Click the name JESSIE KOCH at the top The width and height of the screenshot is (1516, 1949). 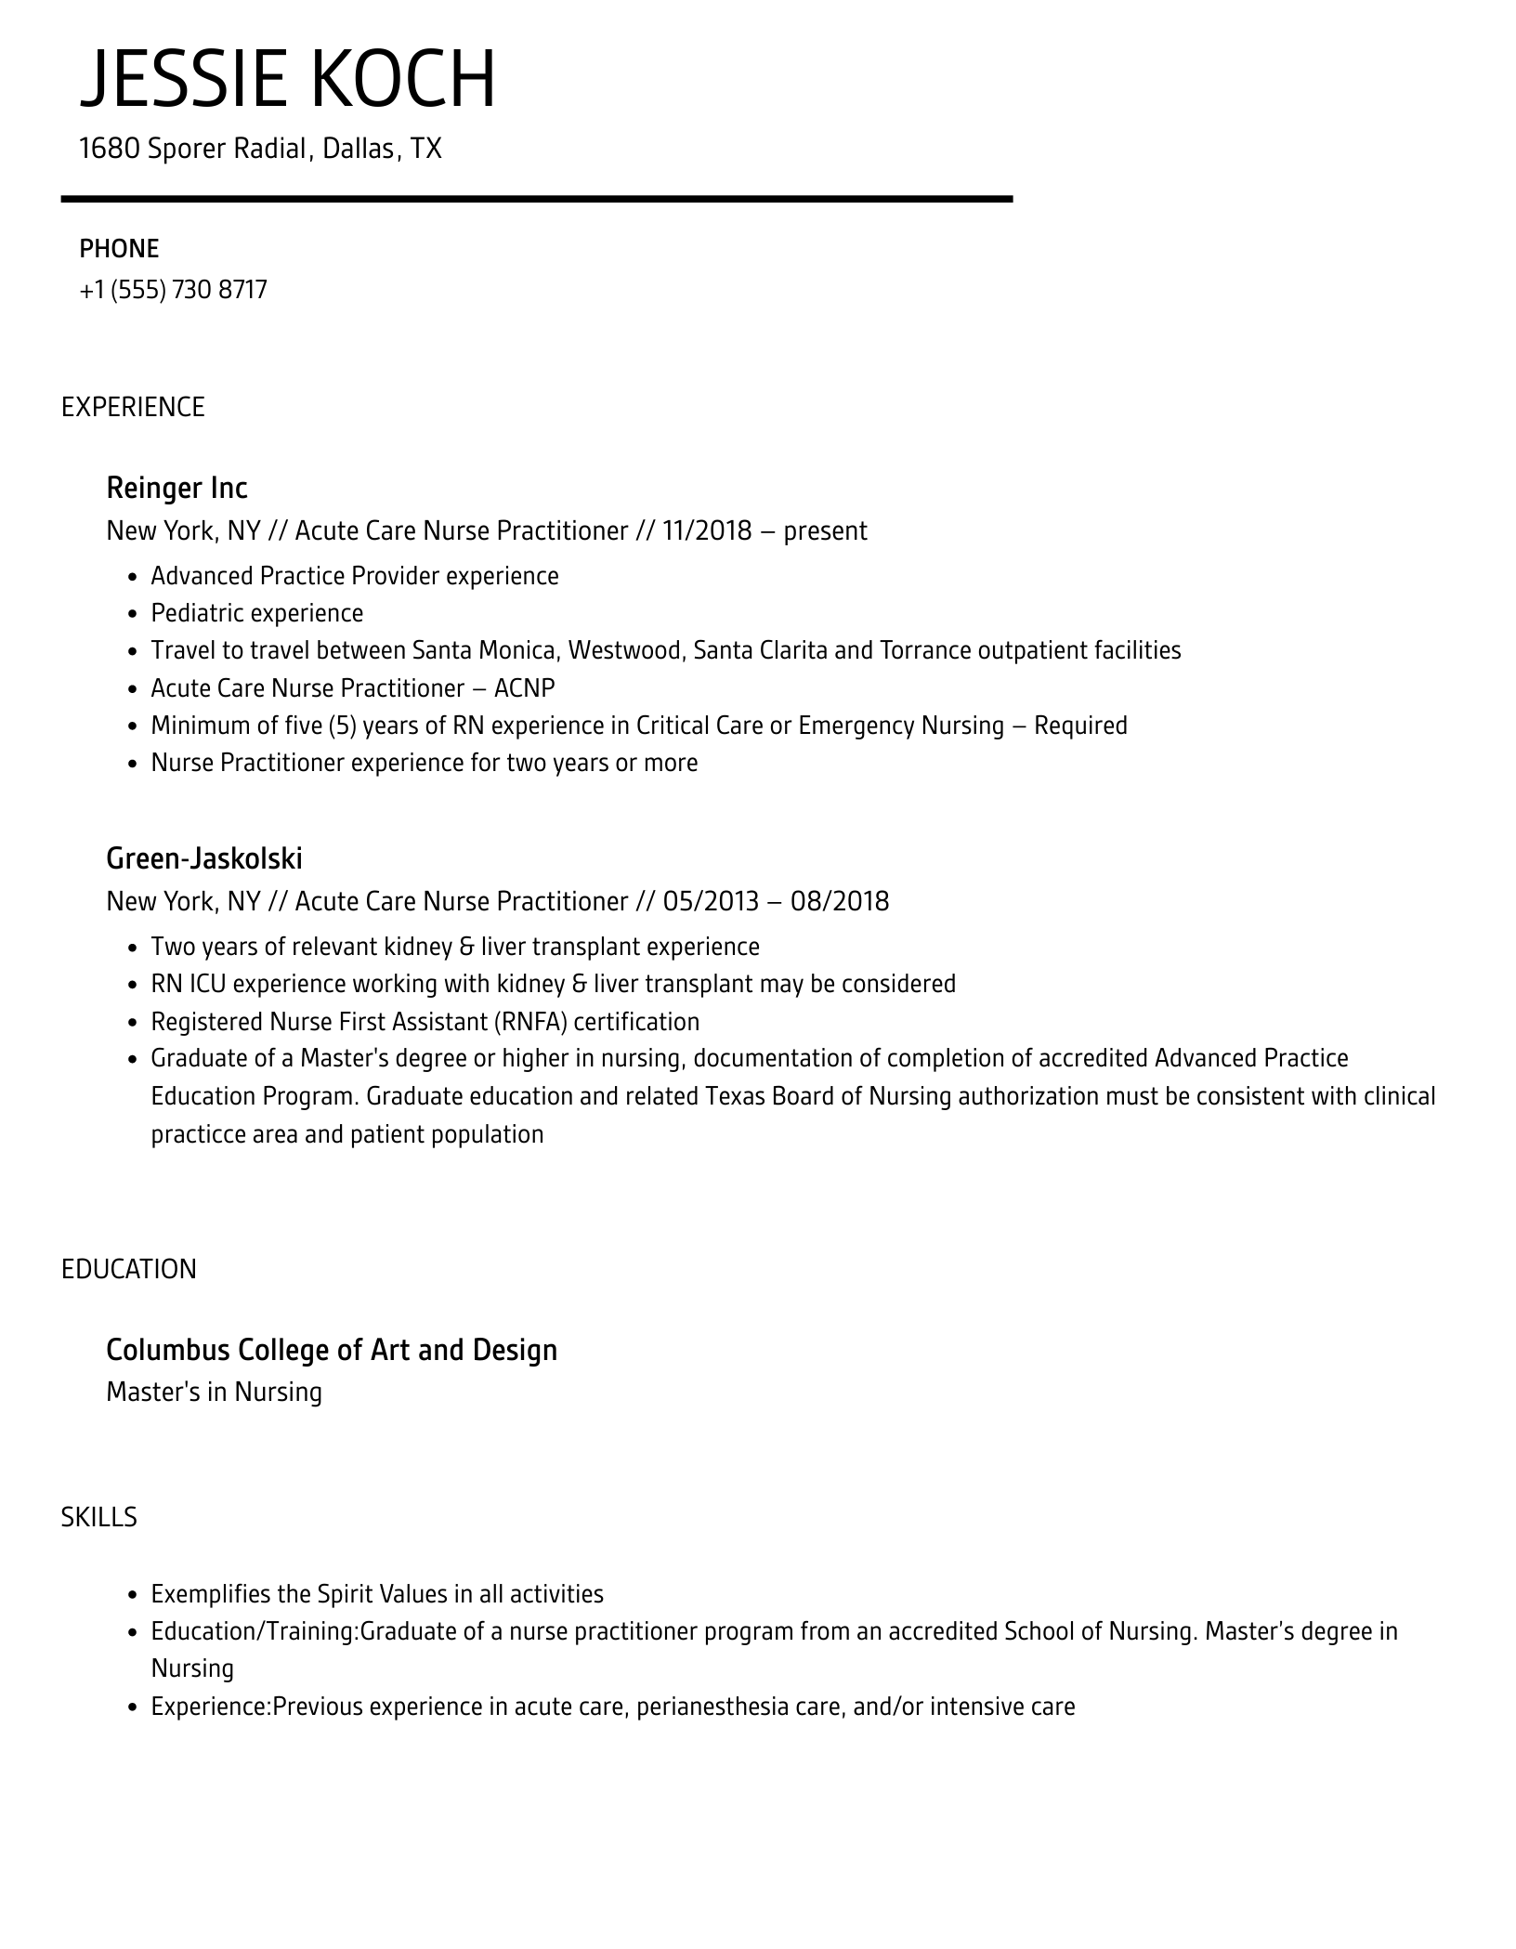click(x=288, y=79)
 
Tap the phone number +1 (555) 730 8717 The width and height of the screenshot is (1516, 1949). click(x=174, y=290)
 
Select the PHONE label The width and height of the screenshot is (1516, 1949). click(x=119, y=249)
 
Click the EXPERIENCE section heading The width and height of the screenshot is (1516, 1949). click(x=133, y=407)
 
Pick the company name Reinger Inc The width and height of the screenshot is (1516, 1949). click(x=176, y=488)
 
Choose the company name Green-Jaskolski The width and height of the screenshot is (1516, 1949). click(x=204, y=858)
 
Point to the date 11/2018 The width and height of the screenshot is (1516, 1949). click(x=707, y=531)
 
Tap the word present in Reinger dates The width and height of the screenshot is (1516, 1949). click(x=825, y=531)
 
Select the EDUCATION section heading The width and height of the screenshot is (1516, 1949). click(x=129, y=1270)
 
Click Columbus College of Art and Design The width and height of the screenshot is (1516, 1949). click(x=332, y=1350)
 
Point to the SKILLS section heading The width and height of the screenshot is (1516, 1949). click(x=99, y=1518)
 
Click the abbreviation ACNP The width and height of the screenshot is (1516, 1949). click(x=524, y=688)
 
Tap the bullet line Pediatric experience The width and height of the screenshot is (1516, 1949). click(x=257, y=613)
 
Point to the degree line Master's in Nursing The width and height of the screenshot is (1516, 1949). click(x=214, y=1393)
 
